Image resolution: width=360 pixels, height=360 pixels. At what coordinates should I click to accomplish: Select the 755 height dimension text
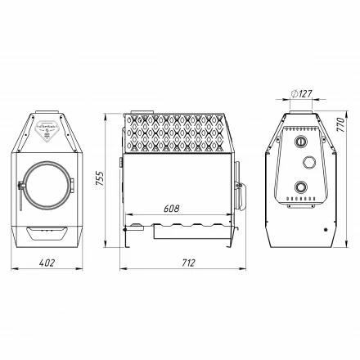[100, 180]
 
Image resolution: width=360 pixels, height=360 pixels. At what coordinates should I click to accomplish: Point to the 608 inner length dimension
[171, 209]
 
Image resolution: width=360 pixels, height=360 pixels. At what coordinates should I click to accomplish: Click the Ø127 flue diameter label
[301, 93]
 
